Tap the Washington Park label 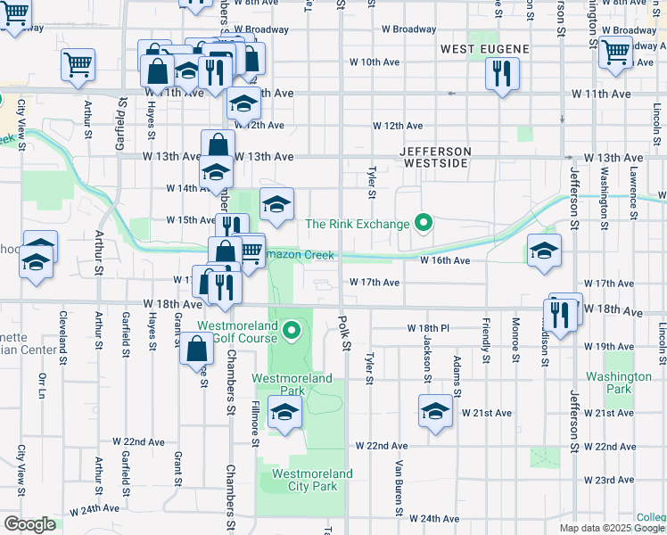click(620, 383)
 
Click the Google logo click(29, 524)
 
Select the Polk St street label click(345, 334)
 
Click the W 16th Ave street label click(445, 260)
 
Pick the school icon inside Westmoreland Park click(284, 413)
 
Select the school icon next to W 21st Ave click(435, 412)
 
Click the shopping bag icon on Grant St click(196, 349)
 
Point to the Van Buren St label click(399, 486)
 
